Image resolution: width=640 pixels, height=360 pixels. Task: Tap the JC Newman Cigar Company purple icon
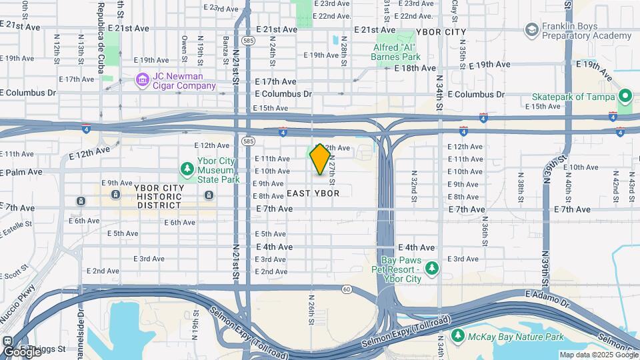[142, 81]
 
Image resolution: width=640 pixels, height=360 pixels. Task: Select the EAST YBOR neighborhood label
[313, 193]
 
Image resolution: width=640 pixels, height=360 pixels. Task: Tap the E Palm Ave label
[21, 171]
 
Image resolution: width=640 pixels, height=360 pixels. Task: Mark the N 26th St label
[311, 309]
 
